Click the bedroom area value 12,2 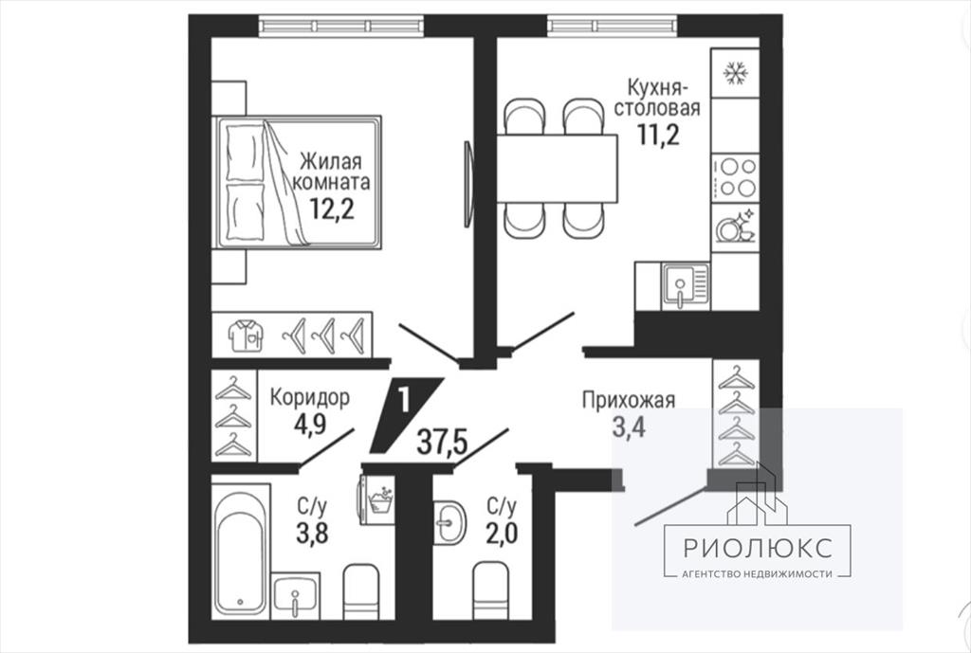coord(332,209)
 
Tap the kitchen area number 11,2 coord(659,134)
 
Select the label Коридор coord(310,397)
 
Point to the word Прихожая coord(629,401)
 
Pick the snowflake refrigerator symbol coord(735,74)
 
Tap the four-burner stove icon coord(735,177)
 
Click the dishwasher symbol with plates coord(735,227)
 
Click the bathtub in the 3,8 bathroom coord(241,551)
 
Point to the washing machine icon coord(376,500)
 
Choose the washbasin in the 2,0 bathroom coord(449,522)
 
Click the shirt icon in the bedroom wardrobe coord(246,336)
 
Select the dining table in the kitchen coord(557,169)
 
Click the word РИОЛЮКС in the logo coord(758,548)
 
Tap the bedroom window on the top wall coord(341,26)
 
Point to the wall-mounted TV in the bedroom coord(468,185)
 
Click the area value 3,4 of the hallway coord(629,427)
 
